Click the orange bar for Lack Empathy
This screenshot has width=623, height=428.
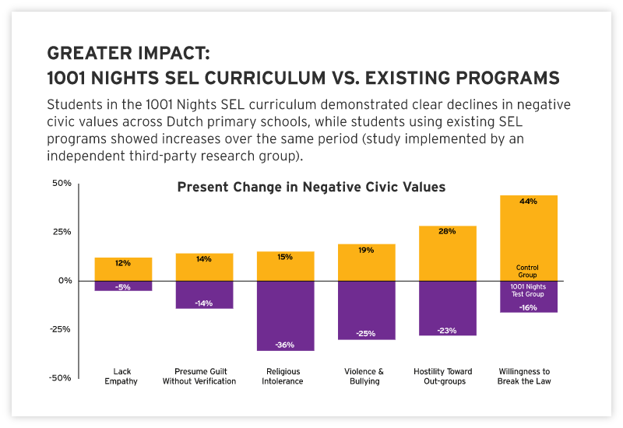point(123,269)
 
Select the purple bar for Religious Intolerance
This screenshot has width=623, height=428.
point(285,311)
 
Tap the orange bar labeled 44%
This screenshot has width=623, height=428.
point(528,233)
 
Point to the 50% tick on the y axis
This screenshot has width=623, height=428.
point(62,184)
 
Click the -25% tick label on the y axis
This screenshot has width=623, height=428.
point(60,329)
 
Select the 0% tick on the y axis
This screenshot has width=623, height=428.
point(64,281)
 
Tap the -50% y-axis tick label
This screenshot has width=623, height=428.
point(60,378)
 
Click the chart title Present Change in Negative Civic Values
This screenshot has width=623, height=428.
point(311,187)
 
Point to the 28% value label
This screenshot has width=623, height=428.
point(447,231)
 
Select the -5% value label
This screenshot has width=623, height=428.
point(123,287)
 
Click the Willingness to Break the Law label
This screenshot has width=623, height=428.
point(528,377)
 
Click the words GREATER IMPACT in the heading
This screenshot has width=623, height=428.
point(128,54)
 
